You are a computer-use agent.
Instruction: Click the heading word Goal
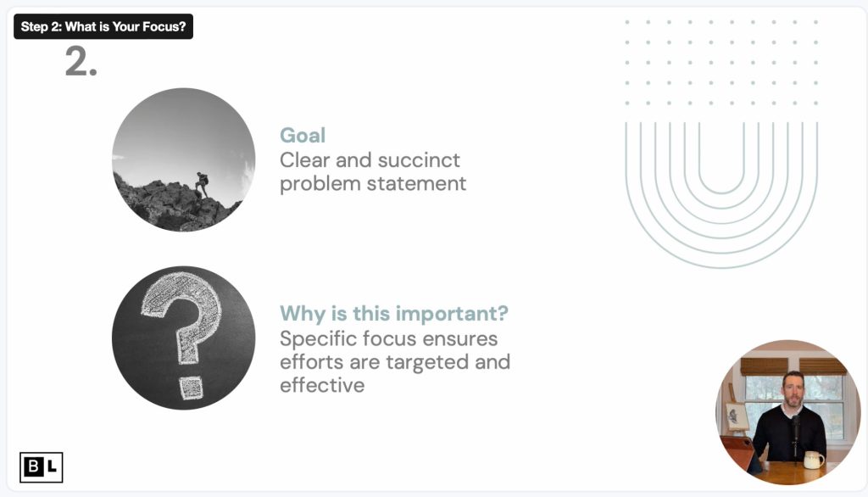coord(303,135)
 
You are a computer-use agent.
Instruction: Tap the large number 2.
coord(81,62)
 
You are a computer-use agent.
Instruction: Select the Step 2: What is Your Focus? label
coord(103,26)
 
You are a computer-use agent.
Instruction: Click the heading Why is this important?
coord(393,314)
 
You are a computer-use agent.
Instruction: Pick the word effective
coord(322,385)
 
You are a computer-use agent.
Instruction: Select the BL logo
coord(41,467)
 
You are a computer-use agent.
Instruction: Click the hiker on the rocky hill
coord(202,183)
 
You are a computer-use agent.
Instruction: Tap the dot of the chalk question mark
coord(191,388)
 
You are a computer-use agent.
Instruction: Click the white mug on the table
coord(813,460)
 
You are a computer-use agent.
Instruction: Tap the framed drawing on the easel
coord(737,416)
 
